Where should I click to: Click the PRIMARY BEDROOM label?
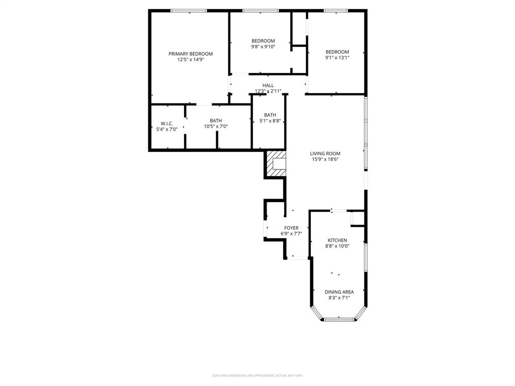coord(190,54)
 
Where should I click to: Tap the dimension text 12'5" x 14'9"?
coord(190,60)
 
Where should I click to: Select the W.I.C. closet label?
coord(166,123)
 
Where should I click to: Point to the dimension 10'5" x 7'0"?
coord(216,127)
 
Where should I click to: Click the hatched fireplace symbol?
coord(276,164)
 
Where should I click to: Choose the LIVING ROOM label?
coord(325,154)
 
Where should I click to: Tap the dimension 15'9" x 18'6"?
coord(325,160)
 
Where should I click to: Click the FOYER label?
coord(291,228)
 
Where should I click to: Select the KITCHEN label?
coord(337,240)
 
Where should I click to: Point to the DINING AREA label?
coord(339,292)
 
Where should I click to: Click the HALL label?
coord(268,85)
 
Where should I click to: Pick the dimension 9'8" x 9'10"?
coord(263,47)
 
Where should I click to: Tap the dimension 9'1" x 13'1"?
coord(337,58)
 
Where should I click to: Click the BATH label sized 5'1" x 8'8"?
coord(270,115)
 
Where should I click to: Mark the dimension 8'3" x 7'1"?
coord(339,298)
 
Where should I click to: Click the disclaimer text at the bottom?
coord(257,375)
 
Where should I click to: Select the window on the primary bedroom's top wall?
coord(189,11)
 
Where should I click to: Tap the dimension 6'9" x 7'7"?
coord(291,234)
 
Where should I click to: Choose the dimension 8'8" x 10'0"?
coord(337,246)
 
